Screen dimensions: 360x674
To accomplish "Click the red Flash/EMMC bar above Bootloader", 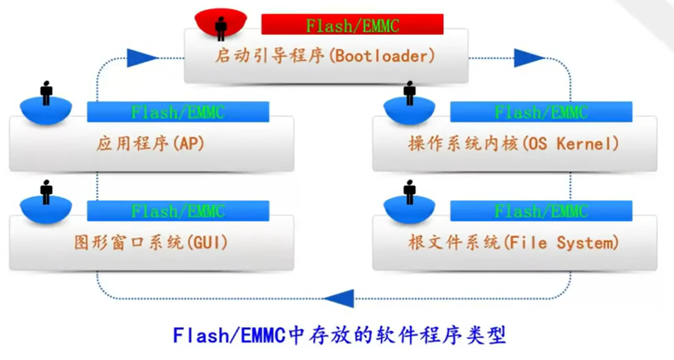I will pos(352,25).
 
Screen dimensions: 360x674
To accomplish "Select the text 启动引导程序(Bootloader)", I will pos(326,56).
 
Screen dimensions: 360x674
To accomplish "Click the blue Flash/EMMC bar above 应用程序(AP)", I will pos(178,112).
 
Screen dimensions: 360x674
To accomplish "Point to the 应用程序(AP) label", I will pos(149,144).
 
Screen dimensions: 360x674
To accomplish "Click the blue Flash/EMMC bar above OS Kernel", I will pos(541,112).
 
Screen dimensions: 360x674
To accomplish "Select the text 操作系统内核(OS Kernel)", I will pos(513,144).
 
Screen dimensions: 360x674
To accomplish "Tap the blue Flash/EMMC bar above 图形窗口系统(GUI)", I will pos(178,211).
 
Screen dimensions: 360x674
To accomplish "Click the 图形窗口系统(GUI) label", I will pos(150,242).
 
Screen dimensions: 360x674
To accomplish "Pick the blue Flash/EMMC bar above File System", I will pos(541,211).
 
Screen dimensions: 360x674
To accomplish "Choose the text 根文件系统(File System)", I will pos(513,242).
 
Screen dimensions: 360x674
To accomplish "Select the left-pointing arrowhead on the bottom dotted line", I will pos(339,297).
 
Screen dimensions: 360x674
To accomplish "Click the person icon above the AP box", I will pos(46,93).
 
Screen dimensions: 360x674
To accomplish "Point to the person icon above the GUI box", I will pos(46,192).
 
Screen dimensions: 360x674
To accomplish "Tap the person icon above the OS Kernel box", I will pos(409,93).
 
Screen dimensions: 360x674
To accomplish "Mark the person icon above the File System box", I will pos(409,192).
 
